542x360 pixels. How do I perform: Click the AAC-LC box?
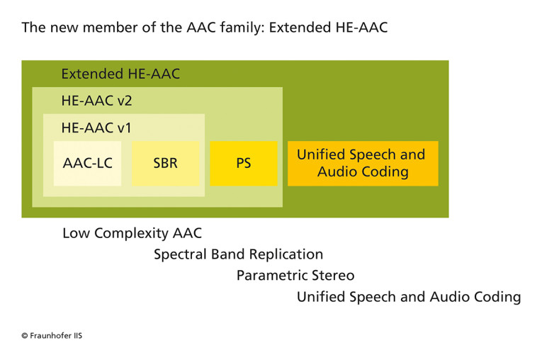pos(87,164)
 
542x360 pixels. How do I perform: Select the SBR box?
pos(165,164)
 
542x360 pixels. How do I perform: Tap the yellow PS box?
pos(243,164)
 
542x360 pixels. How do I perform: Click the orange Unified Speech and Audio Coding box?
pos(362,164)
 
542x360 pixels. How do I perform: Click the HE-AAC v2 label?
pos(96,101)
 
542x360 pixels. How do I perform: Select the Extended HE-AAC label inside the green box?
pos(120,74)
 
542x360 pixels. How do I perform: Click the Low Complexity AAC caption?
pos(132,233)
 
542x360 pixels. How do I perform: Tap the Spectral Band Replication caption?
pos(238,254)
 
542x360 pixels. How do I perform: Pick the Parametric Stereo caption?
pos(295,276)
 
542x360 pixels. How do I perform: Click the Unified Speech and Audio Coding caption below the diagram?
pos(409,297)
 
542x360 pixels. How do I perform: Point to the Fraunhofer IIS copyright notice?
pos(51,335)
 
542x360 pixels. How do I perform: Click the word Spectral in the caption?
pos(179,254)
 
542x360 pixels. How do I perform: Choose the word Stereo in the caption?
pos(333,276)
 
